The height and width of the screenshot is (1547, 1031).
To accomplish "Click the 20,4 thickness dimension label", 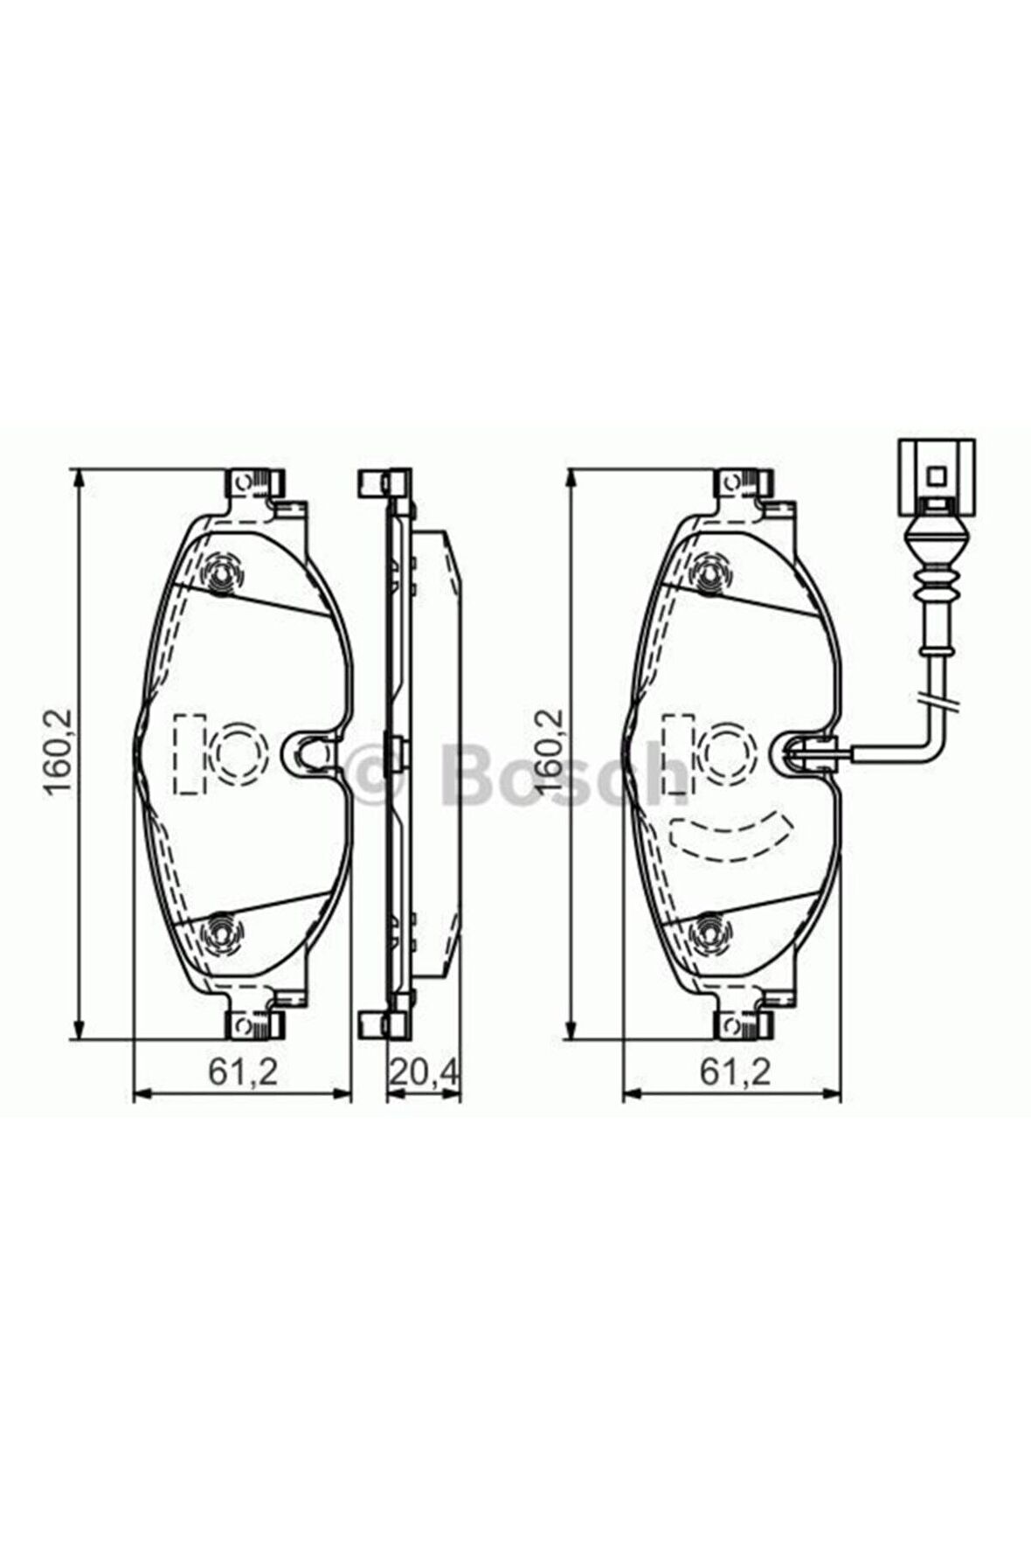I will click(x=424, y=1072).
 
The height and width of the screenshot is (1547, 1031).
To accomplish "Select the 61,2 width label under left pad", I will click(x=242, y=1072).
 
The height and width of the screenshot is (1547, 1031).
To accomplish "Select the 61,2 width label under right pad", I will click(x=736, y=1072).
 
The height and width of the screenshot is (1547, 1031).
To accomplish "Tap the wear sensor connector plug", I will click(x=936, y=477).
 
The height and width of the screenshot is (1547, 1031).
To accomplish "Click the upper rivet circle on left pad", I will click(x=223, y=574).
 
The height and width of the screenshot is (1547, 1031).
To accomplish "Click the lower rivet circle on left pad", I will click(x=221, y=933).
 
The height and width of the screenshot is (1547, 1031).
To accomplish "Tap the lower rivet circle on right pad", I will click(x=712, y=933).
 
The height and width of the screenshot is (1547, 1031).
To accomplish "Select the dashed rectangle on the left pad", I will click(x=189, y=753).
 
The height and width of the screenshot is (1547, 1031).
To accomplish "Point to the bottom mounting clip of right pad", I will click(x=744, y=1023).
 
